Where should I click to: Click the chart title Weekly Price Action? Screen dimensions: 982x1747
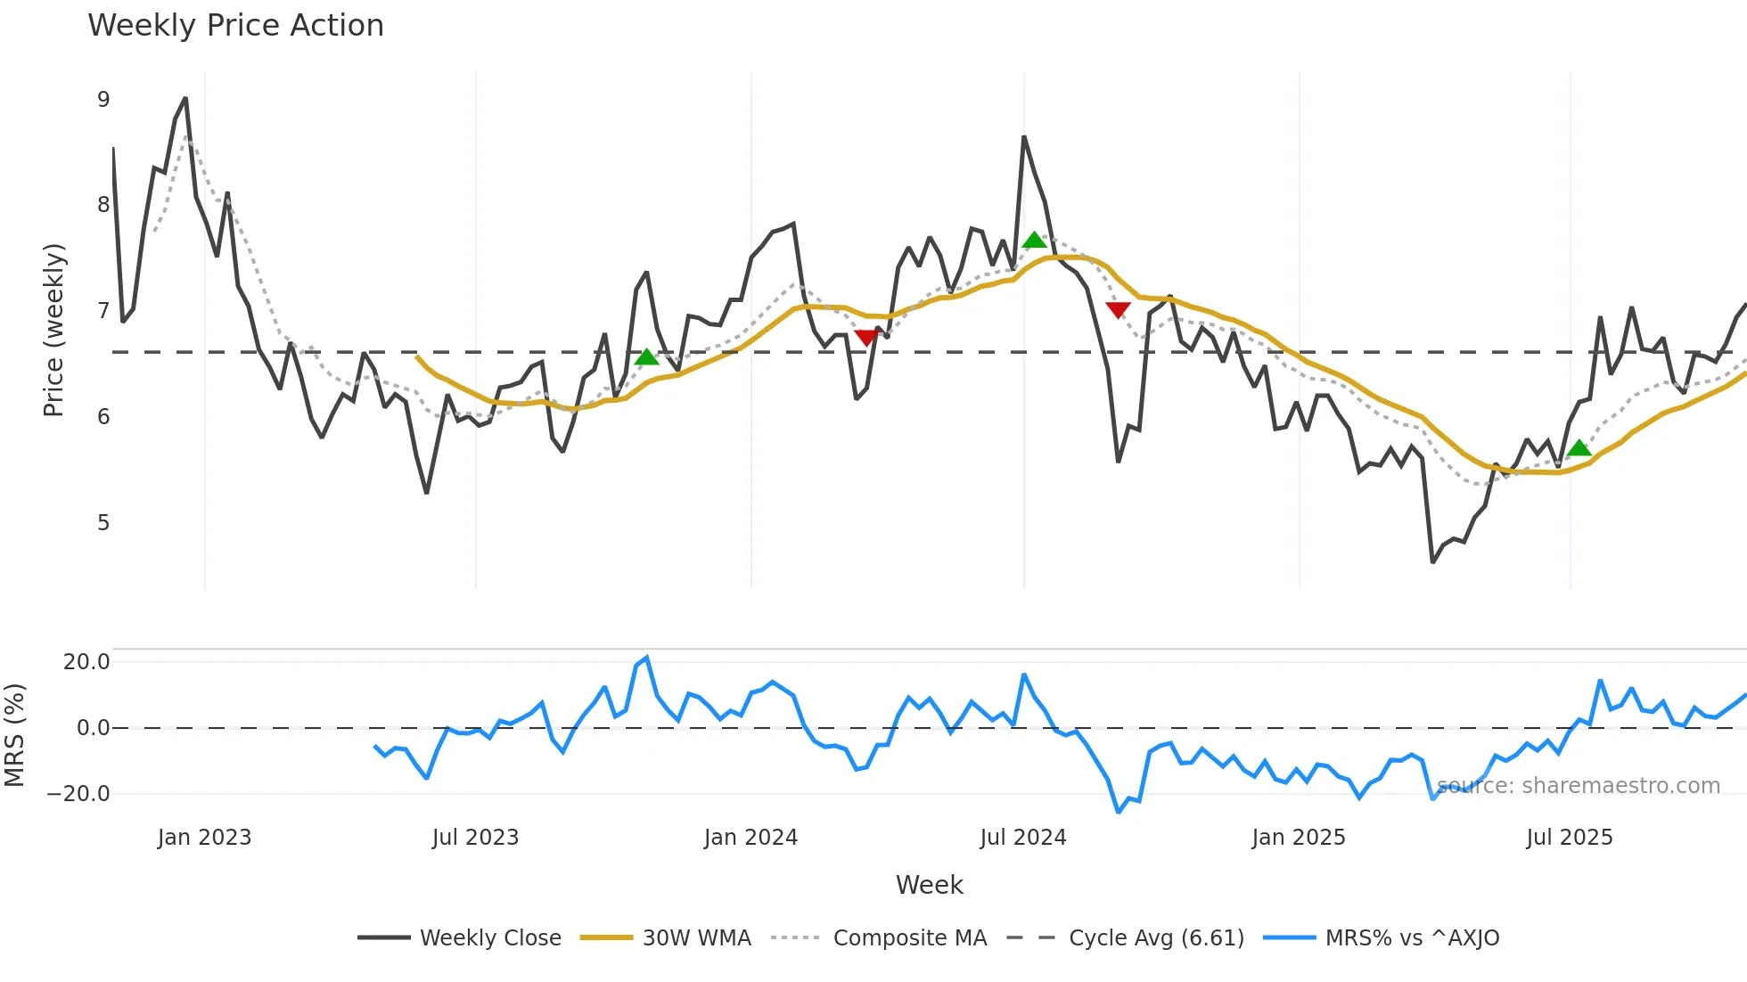coord(235,26)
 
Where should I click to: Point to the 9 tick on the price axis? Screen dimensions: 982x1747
coord(103,100)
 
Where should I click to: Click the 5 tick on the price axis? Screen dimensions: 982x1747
coord(103,523)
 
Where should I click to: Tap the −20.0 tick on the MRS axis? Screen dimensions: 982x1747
coord(78,794)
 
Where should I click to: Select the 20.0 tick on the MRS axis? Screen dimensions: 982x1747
coord(86,662)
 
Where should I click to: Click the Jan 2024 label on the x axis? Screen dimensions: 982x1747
coord(750,838)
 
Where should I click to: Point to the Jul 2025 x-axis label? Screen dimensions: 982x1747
coord(1569,838)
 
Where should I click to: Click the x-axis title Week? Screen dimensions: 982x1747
coord(929,885)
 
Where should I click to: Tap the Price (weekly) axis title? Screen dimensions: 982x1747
coord(53,330)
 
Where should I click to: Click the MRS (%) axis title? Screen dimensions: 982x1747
coord(14,735)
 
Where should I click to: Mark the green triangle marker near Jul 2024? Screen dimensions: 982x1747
coord(1034,240)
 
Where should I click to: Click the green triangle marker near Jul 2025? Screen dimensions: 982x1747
coord(1579,448)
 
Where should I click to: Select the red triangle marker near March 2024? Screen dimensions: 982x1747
coord(865,337)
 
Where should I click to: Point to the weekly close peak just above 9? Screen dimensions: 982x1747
coord(185,99)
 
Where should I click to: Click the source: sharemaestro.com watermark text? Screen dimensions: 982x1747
coord(1578,786)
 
